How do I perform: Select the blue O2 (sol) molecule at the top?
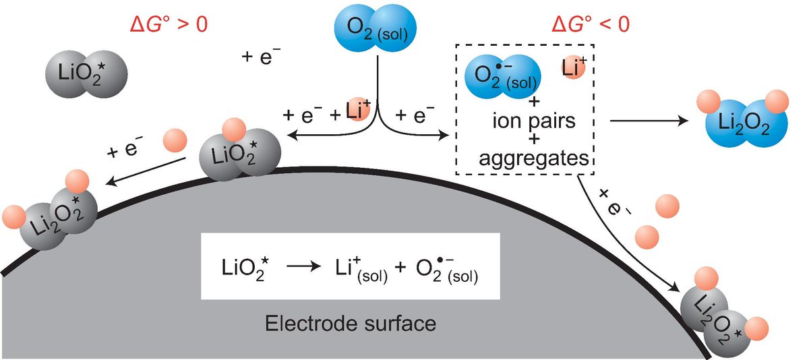376,29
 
